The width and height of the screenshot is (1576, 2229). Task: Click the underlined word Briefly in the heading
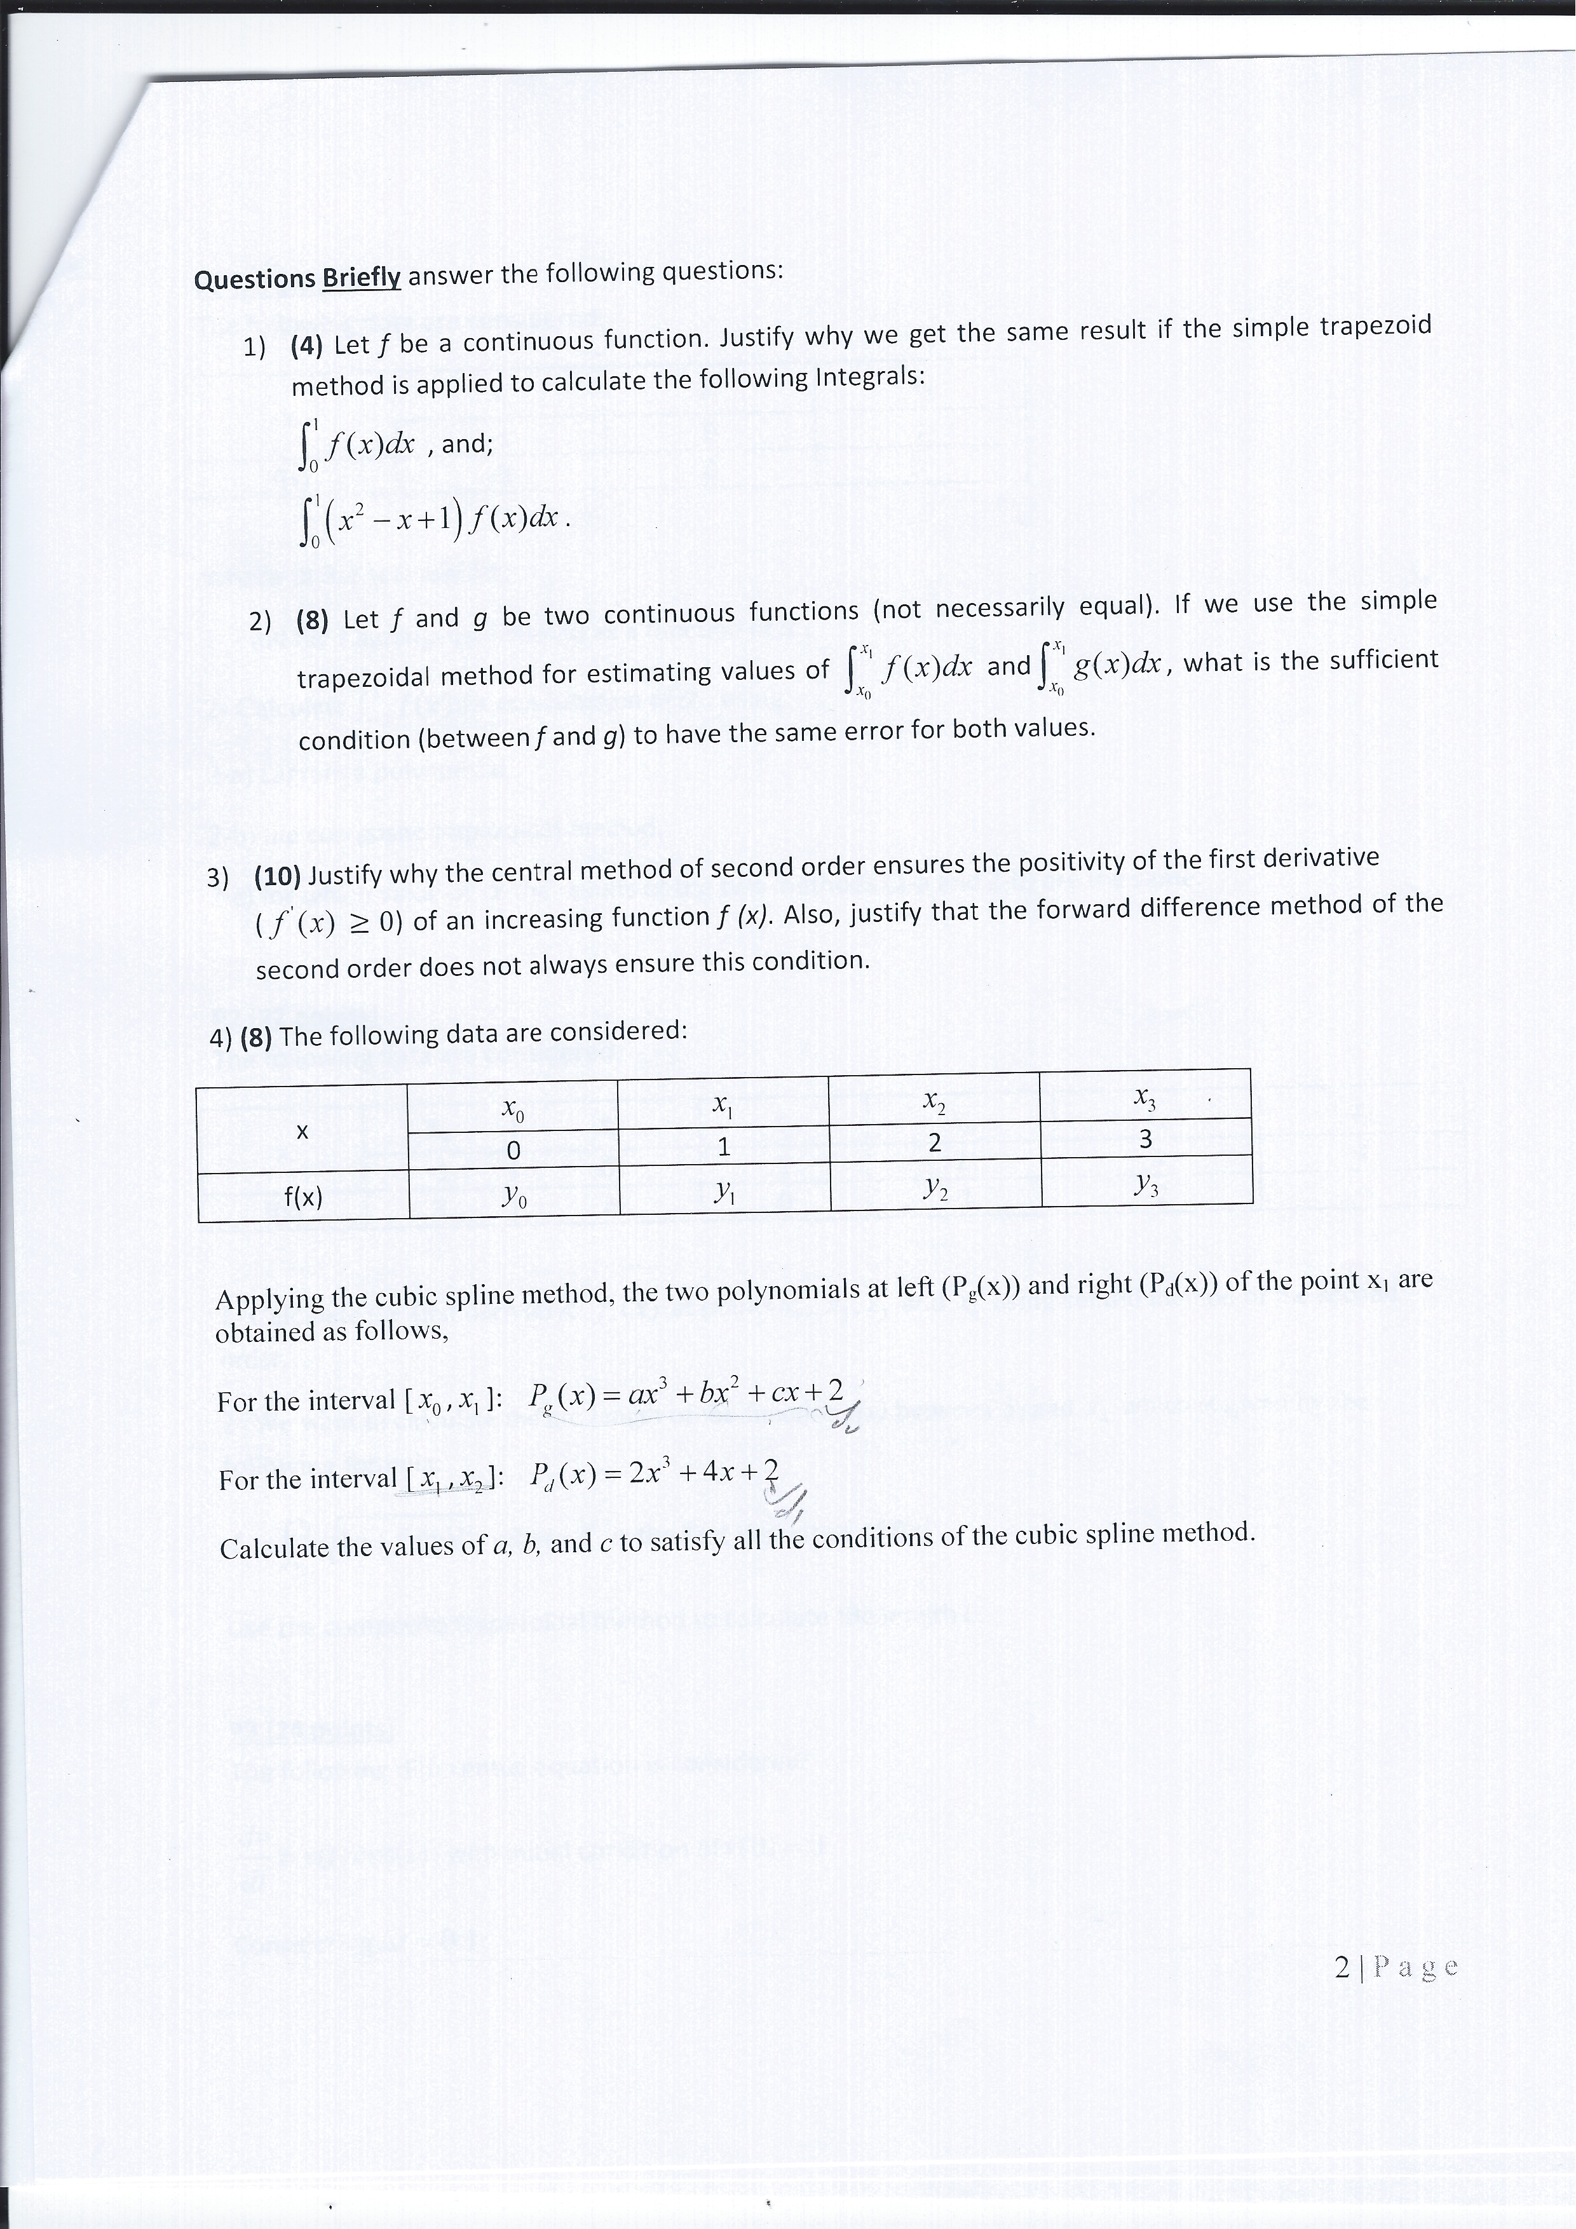[x=361, y=278]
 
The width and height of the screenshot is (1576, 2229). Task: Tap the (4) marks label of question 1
[x=308, y=346]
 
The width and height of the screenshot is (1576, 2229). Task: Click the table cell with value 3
[x=1146, y=1139]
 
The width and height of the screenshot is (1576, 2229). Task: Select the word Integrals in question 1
[x=868, y=376]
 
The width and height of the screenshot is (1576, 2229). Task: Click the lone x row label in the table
[x=302, y=1131]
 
